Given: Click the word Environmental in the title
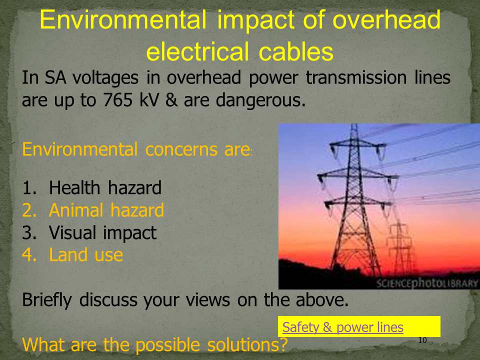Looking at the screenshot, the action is coord(123,19).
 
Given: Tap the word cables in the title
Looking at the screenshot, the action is coord(295,51).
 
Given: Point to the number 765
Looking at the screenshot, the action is coord(118,99).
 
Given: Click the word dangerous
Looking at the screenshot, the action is coord(260,100).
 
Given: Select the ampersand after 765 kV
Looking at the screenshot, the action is coord(171,99).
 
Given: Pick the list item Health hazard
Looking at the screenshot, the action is coord(105,187).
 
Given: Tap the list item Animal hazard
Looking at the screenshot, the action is coord(106,210).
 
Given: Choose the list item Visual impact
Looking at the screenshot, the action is coord(102,232).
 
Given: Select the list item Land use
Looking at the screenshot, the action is coord(85,254).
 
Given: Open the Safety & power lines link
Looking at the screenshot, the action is coord(342,327).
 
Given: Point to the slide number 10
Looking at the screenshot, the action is coord(422,340).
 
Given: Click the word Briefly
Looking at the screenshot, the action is coord(47,300).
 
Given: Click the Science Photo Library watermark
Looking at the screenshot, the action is coord(427,283).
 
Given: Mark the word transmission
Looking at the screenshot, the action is coord(356,77).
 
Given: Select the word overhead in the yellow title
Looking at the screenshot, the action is coord(386,19).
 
